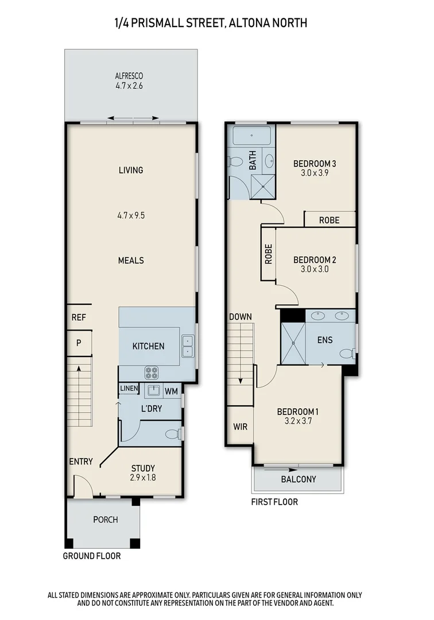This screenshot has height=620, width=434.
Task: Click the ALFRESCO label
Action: coord(129,76)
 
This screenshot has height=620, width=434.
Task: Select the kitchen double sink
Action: coord(188,346)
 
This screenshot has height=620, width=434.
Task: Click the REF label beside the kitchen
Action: coord(79,317)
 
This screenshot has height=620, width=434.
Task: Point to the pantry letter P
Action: coord(79,343)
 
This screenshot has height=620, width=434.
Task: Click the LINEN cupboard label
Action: coord(129,389)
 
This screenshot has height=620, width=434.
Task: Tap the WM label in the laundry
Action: coord(171,392)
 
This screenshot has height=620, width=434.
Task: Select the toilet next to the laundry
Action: coord(173,434)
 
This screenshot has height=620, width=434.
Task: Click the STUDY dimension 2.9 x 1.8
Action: coord(143,477)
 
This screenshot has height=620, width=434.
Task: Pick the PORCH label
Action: coord(106,520)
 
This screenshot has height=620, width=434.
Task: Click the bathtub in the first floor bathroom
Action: coord(252,136)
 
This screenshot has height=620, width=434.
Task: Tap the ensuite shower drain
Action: coord(293,343)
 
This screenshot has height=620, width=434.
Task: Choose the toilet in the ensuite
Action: coord(347,354)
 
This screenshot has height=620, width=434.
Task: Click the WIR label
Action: coord(240,427)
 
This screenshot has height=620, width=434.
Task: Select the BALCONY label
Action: coord(299,479)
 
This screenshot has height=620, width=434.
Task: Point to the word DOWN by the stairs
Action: coord(241,317)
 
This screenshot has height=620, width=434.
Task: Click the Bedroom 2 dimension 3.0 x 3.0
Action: coord(314,269)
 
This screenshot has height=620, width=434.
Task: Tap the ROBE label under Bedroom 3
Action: coord(330,220)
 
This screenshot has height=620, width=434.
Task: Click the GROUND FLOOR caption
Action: coord(92,556)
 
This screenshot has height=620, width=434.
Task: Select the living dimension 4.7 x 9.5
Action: coord(131,215)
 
